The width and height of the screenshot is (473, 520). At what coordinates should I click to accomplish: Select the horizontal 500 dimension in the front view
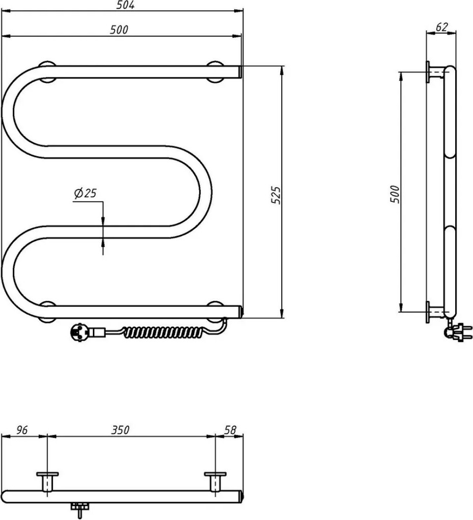click(119, 30)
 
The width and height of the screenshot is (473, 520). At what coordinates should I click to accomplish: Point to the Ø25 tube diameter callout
click(85, 193)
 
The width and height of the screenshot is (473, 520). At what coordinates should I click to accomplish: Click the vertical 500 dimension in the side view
click(395, 194)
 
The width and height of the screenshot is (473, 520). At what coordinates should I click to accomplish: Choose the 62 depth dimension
click(441, 27)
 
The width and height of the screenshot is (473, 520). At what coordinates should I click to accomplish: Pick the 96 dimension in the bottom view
click(21, 430)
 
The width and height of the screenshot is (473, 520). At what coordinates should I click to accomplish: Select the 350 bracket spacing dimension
click(121, 430)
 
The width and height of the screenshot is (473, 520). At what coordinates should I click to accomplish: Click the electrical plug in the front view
click(82, 332)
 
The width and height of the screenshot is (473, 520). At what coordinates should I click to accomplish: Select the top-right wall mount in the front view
click(216, 71)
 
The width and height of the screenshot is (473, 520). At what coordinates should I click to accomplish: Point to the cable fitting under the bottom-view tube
click(80, 509)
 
